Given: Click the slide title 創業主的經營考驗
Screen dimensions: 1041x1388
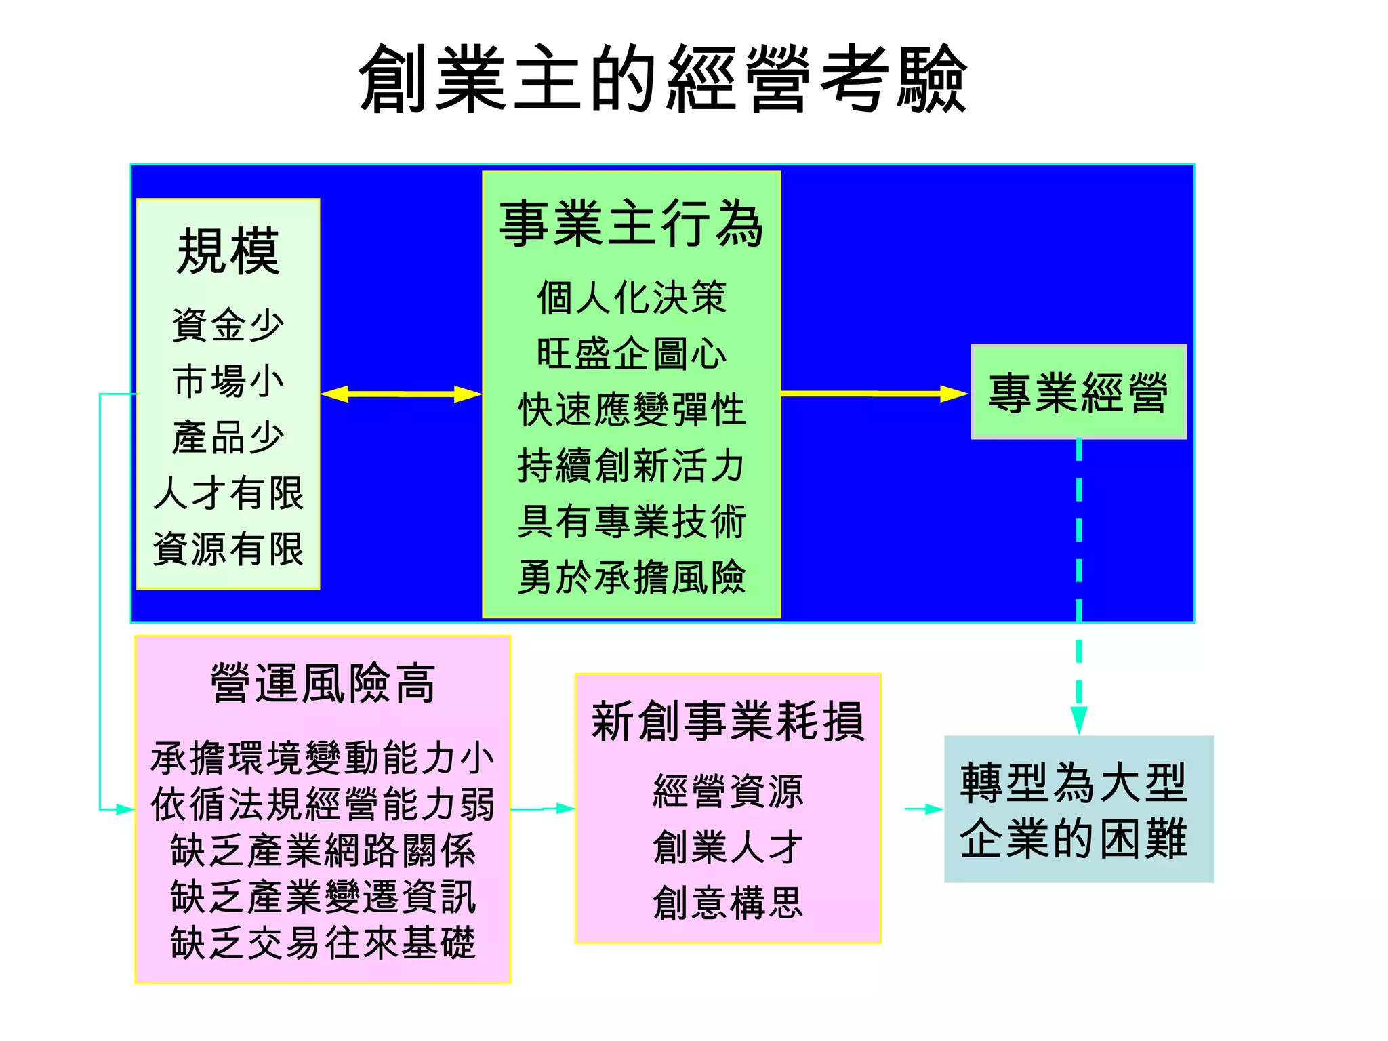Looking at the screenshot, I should tap(663, 79).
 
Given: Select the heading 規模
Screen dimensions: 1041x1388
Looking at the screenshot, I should tap(228, 251).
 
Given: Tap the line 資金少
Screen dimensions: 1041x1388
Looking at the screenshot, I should tap(228, 325).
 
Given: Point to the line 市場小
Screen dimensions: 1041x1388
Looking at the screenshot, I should tap(228, 381).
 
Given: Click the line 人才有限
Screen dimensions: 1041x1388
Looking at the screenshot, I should tap(228, 493).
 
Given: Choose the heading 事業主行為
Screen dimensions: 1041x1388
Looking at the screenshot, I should tap(631, 224).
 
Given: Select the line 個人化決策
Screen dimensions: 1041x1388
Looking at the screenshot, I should tap(631, 298).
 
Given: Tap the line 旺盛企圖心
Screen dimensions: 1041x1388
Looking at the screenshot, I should tap(631, 354).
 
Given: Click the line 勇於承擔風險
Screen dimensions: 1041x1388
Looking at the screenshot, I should tap(631, 577).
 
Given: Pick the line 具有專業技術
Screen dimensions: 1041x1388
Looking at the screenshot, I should tap(631, 522).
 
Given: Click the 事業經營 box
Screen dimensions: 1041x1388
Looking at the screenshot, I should tap(1078, 392).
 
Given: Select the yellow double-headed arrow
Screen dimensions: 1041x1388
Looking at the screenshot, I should tap(401, 394).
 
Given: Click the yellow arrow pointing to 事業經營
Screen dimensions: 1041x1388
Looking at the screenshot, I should tap(874, 393).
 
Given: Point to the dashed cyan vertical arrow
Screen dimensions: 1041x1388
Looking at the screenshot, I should tap(1079, 583).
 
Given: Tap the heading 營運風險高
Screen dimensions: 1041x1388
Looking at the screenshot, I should tap(323, 683).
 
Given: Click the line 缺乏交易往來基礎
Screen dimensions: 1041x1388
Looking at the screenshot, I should tap(323, 943).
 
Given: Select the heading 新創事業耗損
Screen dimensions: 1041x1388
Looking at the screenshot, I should tap(727, 721).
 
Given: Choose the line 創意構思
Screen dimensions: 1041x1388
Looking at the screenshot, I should tap(727, 903).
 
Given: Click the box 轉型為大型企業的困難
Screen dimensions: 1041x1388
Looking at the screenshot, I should tap(1078, 809).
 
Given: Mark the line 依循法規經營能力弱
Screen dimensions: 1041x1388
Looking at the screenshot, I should tap(323, 804).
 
